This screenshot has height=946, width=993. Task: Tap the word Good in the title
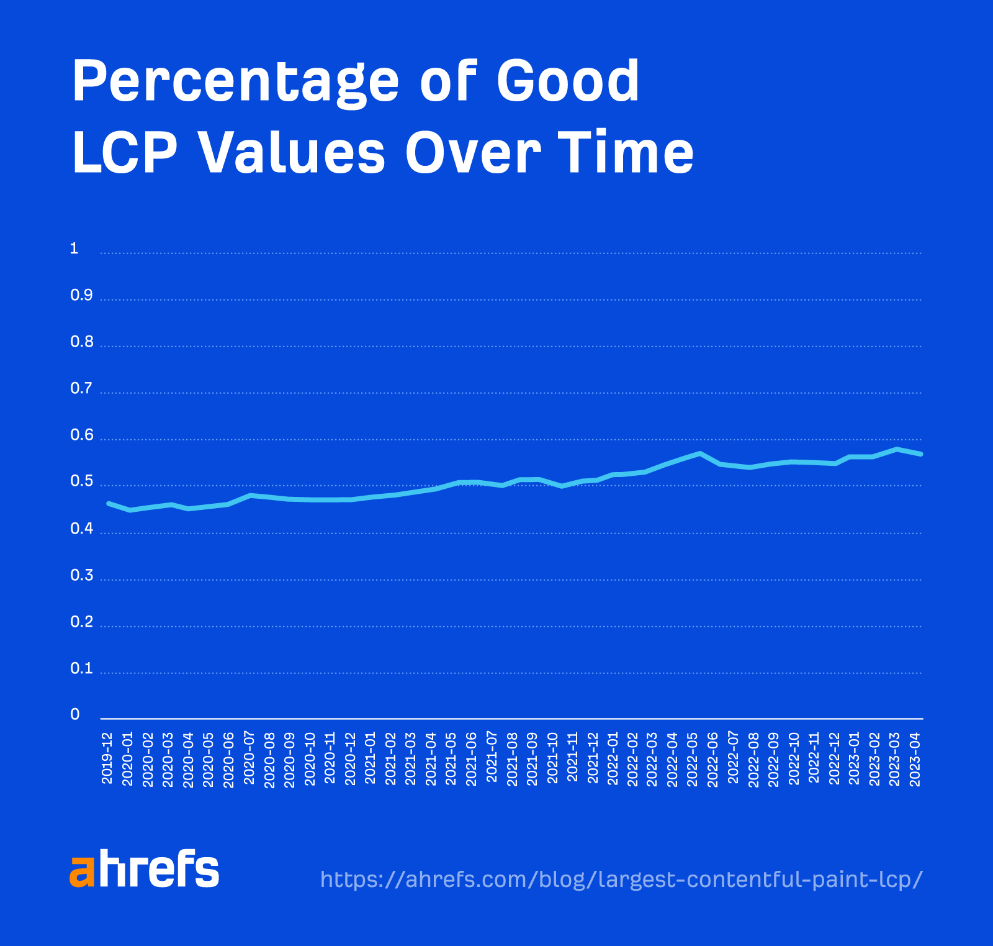tap(568, 82)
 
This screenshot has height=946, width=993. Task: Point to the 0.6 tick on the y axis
tap(81, 435)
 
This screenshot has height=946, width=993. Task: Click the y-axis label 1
tap(74, 249)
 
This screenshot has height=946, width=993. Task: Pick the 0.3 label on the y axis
tap(81, 576)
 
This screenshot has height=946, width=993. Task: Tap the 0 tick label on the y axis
tap(75, 715)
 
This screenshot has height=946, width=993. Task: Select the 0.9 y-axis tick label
tap(81, 296)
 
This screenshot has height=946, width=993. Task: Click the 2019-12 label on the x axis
tap(107, 758)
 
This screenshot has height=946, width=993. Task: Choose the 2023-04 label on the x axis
tap(915, 758)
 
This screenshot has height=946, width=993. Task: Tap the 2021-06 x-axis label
tap(472, 758)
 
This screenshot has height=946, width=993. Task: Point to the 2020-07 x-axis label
tap(249, 758)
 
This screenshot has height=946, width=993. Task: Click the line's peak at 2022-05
tap(699, 453)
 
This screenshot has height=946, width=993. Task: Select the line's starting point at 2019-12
tap(109, 503)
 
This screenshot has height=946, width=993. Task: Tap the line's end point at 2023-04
tap(921, 454)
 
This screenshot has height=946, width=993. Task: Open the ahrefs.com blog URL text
tap(621, 880)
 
